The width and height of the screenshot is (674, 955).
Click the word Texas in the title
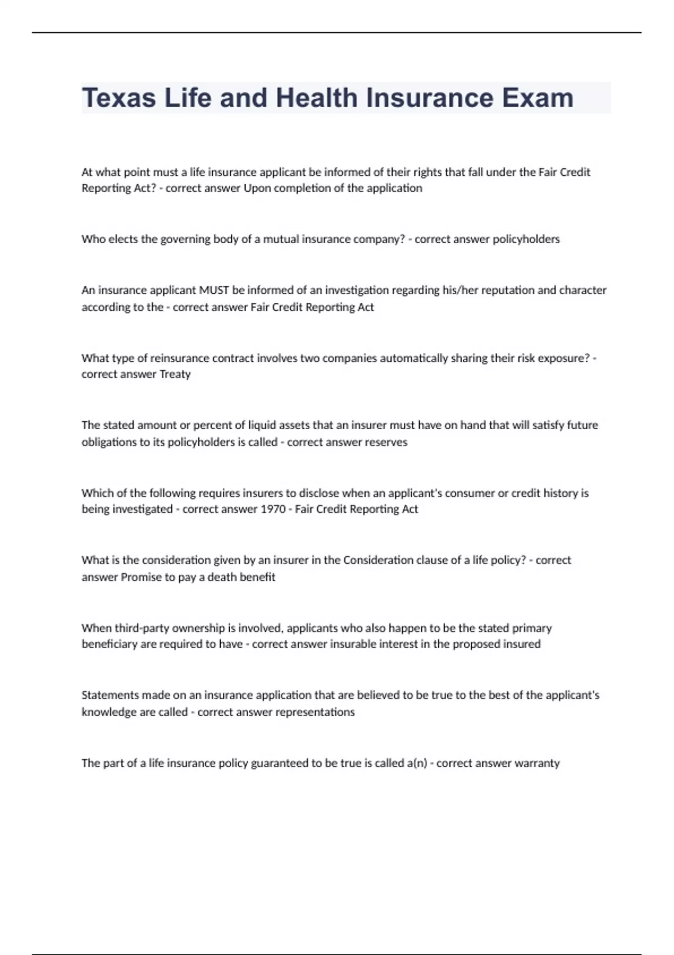(x=119, y=98)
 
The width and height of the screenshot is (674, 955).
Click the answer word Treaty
(x=175, y=374)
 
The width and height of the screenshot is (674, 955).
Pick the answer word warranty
(x=535, y=763)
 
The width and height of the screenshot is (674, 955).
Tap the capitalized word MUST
(x=214, y=290)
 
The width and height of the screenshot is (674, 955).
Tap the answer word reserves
(x=386, y=442)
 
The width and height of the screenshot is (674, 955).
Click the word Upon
(x=256, y=188)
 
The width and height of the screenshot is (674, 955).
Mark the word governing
(x=185, y=239)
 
